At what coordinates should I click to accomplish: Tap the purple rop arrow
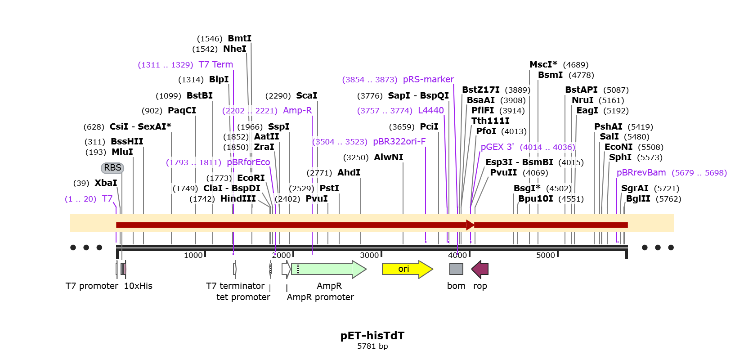coord(480,269)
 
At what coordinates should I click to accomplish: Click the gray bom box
coord(456,269)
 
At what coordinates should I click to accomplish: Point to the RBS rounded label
coord(112,168)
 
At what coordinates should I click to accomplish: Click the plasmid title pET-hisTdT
coord(372,336)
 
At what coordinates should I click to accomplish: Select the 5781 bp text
coord(372,346)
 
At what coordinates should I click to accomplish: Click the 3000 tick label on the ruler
coord(369,255)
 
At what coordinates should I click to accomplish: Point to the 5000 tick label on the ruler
coord(545,255)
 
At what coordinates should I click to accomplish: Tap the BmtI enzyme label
coord(239,39)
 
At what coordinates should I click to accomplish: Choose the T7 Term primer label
coord(215,65)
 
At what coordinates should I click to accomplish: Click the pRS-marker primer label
coord(428,80)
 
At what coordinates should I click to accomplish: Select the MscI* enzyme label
coord(543,65)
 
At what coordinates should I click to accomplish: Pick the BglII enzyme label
coord(638,199)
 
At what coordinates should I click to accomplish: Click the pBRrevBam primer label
coord(641,173)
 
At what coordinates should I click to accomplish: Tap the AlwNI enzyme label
coord(388,157)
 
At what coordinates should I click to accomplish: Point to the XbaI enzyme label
coord(106,183)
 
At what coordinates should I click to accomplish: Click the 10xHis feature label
coord(138,286)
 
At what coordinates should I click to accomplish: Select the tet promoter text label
coord(243,297)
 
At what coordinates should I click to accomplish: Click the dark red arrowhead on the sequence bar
coord(470,225)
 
